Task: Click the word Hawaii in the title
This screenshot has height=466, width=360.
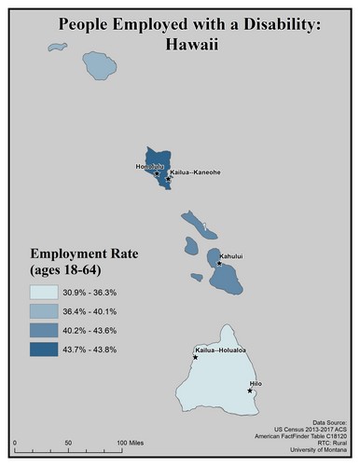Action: [181, 44]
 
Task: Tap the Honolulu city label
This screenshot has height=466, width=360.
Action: [149, 167]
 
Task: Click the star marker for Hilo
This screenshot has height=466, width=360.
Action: [250, 391]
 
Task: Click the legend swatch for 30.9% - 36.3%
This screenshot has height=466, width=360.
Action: [45, 293]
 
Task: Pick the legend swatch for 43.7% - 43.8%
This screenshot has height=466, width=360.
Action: [45, 349]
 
